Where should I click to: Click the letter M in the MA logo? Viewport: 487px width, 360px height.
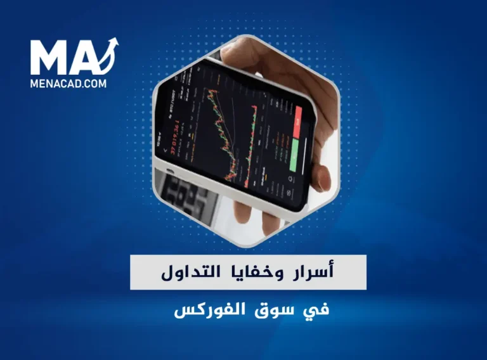50,58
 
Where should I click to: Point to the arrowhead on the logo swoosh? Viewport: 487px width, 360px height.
115,42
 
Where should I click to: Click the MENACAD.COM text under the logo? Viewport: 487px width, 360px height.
68,82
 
